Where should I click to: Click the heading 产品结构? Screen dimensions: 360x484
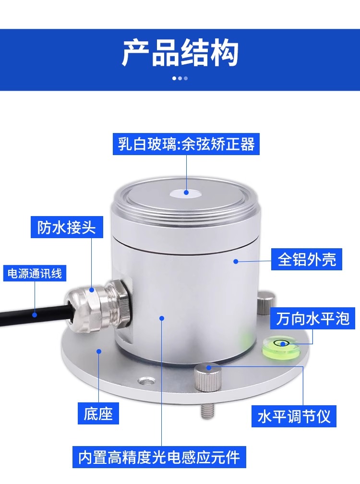[180, 53]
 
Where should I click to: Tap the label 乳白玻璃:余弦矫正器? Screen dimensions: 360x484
[186, 144]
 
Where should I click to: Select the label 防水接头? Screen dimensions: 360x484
[67, 227]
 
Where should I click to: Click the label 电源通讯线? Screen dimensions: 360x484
[35, 273]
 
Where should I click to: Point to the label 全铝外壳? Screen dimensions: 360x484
[307, 259]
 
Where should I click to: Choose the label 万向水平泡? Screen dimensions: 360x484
[312, 318]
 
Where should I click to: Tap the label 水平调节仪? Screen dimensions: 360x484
[294, 416]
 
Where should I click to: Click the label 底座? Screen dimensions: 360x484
[98, 413]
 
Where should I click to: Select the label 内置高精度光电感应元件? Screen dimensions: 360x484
[159, 457]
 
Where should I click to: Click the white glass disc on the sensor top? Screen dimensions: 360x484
[186, 193]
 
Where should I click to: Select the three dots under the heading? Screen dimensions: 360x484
[180, 78]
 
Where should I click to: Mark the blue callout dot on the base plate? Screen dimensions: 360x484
[99, 351]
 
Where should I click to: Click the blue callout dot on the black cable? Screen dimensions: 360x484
[35, 315]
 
